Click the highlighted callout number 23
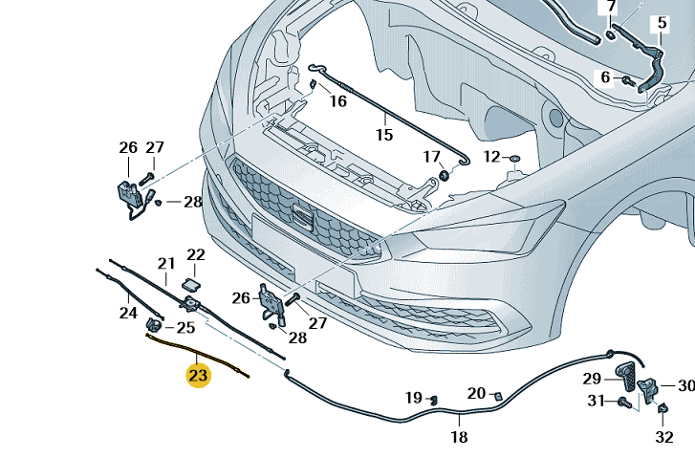pos(198,376)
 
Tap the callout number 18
pos(459,437)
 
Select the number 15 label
pos(383,135)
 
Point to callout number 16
pos(338,101)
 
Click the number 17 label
pos(432,156)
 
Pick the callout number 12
pos(491,156)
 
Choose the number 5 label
pos(661,23)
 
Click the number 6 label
pos(605,77)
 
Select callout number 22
pos(196,255)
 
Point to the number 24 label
pos(128,312)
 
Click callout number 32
pos(664,437)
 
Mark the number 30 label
pos(685,386)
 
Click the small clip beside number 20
pos(498,394)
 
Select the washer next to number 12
pos(513,157)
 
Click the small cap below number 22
pos(190,283)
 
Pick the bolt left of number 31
pos(623,402)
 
